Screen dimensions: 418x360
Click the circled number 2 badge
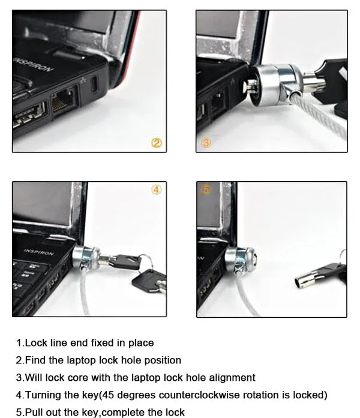[156, 143]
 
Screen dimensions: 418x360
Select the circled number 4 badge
[156, 190]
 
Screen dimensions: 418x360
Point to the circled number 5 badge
[206, 190]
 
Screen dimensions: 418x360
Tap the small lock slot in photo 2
[95, 85]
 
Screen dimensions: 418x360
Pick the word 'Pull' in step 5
[34, 413]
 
